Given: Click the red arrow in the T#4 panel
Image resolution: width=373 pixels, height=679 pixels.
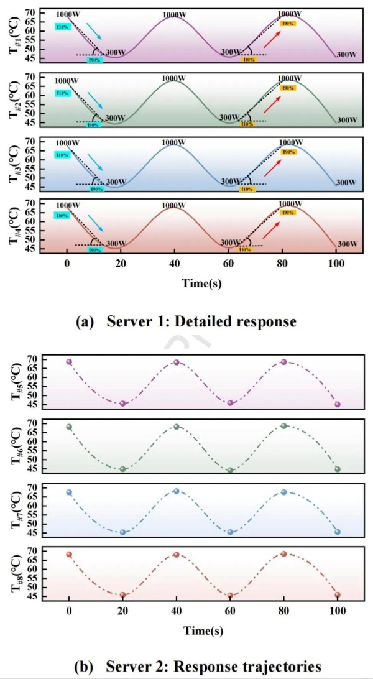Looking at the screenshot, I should [x=270, y=231].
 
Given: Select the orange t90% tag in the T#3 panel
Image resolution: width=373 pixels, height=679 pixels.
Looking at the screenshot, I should [x=288, y=152].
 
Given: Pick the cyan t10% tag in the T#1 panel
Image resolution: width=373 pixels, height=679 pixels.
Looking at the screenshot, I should [x=63, y=27].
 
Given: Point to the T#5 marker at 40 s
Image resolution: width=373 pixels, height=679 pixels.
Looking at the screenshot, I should [x=177, y=363].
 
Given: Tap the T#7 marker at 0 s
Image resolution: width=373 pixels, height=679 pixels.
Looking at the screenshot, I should [x=69, y=492].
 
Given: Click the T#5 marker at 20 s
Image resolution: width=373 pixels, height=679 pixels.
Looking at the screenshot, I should [x=122, y=404].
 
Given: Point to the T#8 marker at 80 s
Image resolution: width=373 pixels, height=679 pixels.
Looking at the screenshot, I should [x=284, y=553].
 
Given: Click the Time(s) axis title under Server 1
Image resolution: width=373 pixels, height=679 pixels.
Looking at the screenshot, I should [x=202, y=284].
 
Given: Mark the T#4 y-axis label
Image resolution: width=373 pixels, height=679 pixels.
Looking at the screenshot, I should [x=16, y=226].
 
